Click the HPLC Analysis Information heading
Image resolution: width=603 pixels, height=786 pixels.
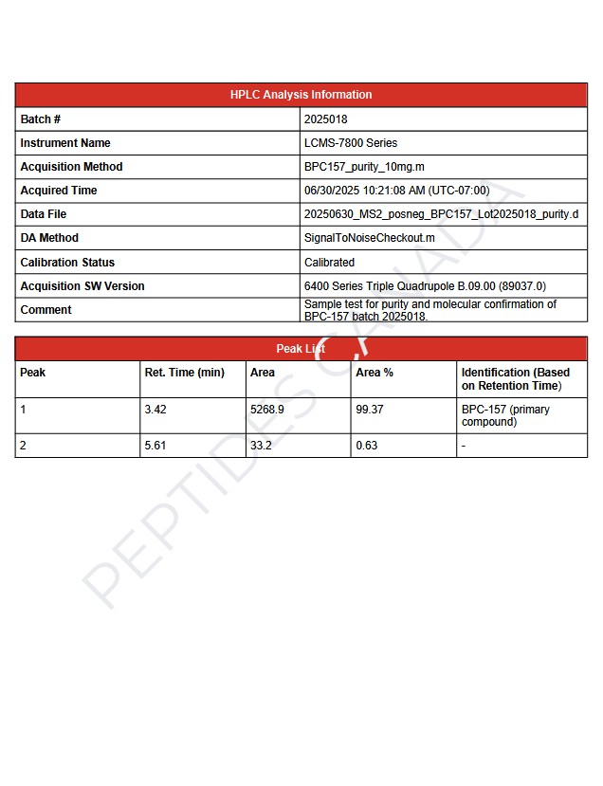[301, 95]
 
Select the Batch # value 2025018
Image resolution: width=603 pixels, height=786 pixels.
[325, 119]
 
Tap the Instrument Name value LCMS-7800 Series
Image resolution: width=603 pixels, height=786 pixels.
[351, 143]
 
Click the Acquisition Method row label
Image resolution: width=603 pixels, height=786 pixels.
[71, 167]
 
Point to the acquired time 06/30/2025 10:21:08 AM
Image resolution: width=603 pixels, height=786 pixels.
[396, 191]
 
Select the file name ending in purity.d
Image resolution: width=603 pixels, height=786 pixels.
[441, 214]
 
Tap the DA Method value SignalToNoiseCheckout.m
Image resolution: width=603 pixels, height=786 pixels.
[370, 238]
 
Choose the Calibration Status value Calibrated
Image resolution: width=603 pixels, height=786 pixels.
[329, 263]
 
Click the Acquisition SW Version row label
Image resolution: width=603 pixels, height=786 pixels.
[83, 286]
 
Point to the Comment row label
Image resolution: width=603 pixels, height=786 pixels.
[46, 310]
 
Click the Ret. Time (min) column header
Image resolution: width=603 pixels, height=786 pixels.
[184, 373]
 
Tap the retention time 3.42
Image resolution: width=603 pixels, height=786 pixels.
[155, 410]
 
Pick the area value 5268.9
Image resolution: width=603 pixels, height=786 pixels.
[267, 410]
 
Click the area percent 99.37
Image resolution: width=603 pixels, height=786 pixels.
[370, 410]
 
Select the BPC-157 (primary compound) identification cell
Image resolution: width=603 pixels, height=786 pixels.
[505, 415]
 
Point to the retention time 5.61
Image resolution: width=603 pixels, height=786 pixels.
[155, 446]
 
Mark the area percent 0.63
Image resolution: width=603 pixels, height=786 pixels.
[366, 446]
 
